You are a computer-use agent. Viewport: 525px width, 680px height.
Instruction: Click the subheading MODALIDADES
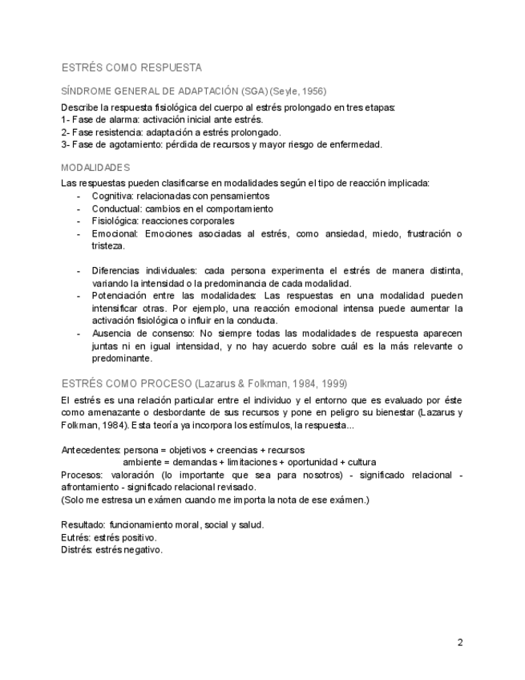click(x=95, y=168)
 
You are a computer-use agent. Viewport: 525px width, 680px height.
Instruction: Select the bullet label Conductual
click(x=115, y=208)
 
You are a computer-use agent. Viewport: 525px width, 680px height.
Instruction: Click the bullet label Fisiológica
click(x=115, y=221)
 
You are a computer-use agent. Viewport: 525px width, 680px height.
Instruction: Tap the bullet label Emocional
click(x=115, y=233)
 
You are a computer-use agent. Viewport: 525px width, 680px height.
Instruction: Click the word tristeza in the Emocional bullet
click(x=107, y=246)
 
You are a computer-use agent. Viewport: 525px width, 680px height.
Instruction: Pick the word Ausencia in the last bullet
click(x=111, y=334)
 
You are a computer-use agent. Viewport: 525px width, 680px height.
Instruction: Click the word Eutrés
click(x=76, y=537)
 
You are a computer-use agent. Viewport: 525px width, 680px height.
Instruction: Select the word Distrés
click(x=77, y=550)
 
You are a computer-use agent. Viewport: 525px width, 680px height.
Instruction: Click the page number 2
click(x=460, y=642)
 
